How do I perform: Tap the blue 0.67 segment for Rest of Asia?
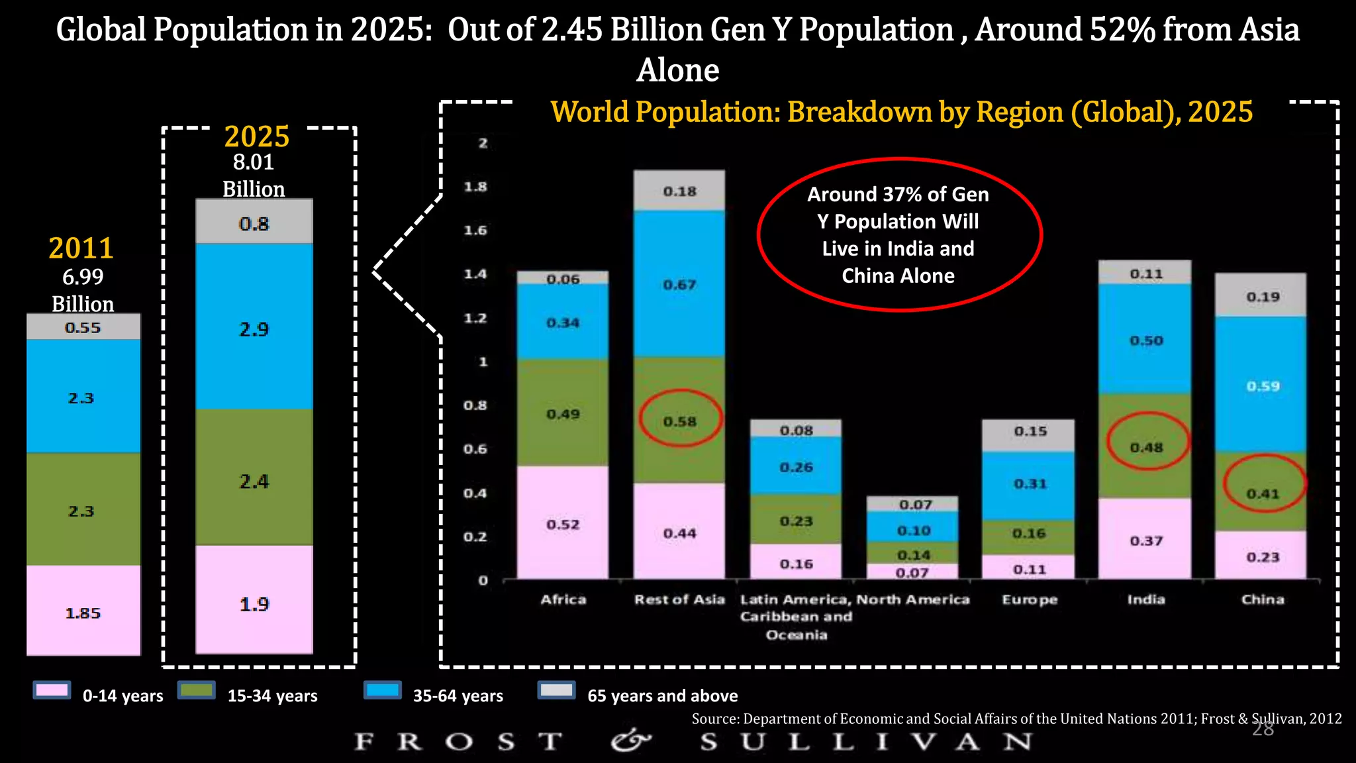[679, 284]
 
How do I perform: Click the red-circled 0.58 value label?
[680, 421]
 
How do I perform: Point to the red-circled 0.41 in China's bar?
[1263, 493]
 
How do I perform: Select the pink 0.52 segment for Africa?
[563, 524]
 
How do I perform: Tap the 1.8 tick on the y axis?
[475, 187]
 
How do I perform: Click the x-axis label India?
[1146, 599]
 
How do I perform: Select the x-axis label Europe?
[1030, 599]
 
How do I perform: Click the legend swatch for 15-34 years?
[197, 691]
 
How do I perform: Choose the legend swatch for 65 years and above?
[556, 691]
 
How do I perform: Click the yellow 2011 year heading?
[81, 248]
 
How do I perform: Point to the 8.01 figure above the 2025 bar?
[254, 162]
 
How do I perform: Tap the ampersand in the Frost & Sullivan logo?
[630, 740]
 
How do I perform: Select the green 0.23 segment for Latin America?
[796, 521]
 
